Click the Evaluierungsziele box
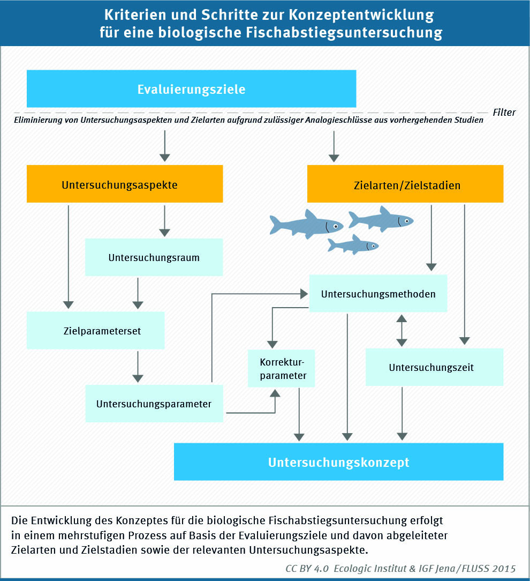[191, 88]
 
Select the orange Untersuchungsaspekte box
[125, 184]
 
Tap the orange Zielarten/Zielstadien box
[405, 184]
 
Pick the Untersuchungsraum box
[154, 257]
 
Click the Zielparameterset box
[95, 330]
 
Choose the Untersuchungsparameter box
[154, 404]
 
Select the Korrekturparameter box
[281, 368]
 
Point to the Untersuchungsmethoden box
[378, 293]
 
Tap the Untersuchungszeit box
[435, 367]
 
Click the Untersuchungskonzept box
[339, 461]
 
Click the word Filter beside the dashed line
[504, 112]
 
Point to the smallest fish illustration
[353, 244]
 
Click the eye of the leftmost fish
[336, 226]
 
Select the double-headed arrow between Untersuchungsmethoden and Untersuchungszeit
[402, 331]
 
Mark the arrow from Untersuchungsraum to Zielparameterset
[138, 294]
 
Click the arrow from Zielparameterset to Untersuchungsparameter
[138, 367]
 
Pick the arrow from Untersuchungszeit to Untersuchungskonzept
[402, 414]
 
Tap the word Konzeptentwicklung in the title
[361, 15]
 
